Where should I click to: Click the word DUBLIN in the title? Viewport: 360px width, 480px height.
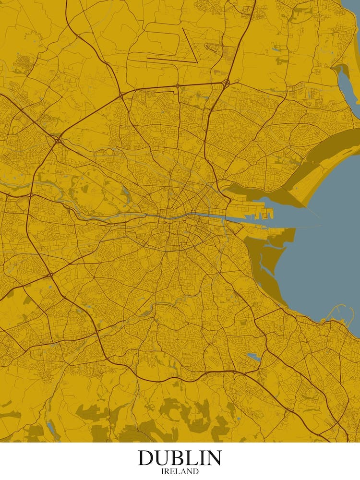click(x=180, y=458)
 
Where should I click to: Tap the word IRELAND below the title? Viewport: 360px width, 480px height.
click(x=180, y=472)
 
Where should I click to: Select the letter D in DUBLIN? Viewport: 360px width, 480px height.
click(x=146, y=458)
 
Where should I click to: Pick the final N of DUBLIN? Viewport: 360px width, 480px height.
click(x=213, y=458)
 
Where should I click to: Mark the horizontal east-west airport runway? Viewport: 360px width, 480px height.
click(x=170, y=60)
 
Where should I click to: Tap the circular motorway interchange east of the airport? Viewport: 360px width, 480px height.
click(x=226, y=83)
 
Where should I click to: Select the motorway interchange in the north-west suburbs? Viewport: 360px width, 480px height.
click(x=58, y=140)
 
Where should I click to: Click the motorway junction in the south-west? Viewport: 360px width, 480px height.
click(x=49, y=275)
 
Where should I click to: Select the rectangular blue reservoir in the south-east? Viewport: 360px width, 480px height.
click(x=254, y=357)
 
